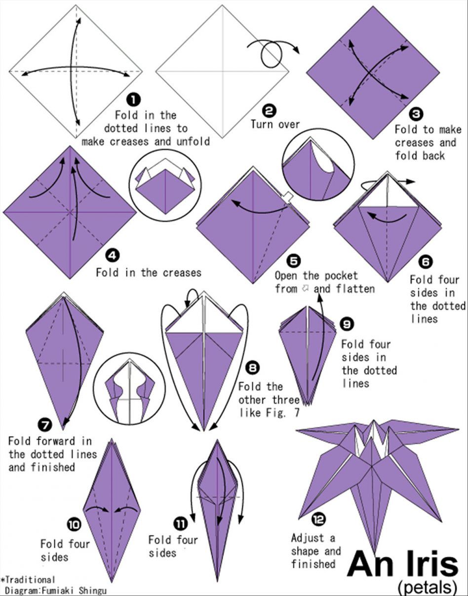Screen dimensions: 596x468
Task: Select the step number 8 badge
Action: [x=253, y=368]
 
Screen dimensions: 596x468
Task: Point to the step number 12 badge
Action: [x=319, y=519]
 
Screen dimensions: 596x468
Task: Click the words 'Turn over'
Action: [x=275, y=124]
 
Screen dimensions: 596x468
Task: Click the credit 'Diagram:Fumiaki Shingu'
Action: [x=55, y=590]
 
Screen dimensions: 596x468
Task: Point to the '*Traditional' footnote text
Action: [x=28, y=580]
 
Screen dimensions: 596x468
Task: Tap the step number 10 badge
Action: [x=74, y=524]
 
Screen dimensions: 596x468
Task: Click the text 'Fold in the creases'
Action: [x=149, y=272]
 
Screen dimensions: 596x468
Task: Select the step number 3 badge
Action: [x=416, y=114]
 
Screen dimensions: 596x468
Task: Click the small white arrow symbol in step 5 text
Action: [x=305, y=288]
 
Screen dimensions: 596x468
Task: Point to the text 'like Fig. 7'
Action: [x=269, y=412]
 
